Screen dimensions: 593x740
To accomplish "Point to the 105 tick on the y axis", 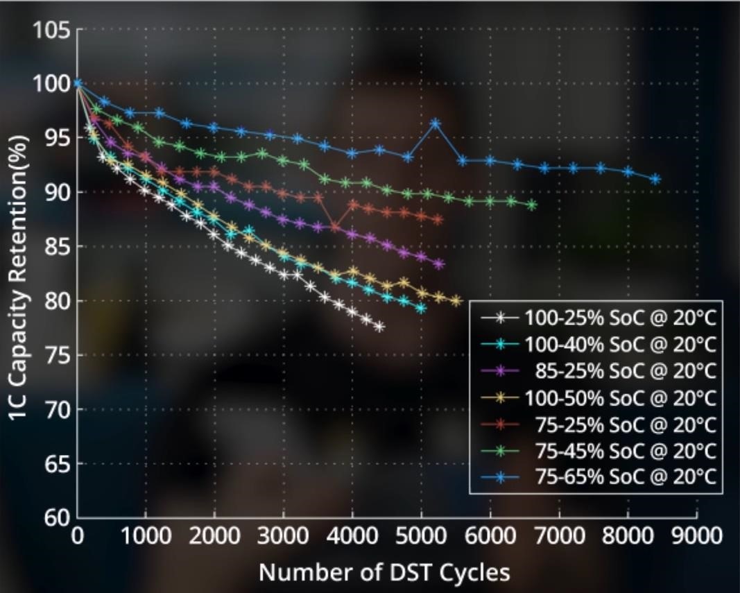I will (51, 31).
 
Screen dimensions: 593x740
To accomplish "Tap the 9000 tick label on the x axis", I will (696, 536).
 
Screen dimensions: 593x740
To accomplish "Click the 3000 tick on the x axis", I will (283, 536).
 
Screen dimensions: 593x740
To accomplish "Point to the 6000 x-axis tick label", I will (490, 536).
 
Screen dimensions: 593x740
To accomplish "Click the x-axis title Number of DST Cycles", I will (384, 573).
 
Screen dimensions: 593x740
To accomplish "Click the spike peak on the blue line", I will (435, 124).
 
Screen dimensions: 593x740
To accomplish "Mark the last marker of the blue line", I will (655, 180).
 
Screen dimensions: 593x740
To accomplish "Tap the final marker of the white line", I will (379, 327).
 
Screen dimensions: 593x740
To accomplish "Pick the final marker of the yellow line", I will (456, 301).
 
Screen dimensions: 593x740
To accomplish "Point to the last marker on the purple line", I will (438, 264).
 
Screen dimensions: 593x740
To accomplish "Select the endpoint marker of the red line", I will (438, 220).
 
